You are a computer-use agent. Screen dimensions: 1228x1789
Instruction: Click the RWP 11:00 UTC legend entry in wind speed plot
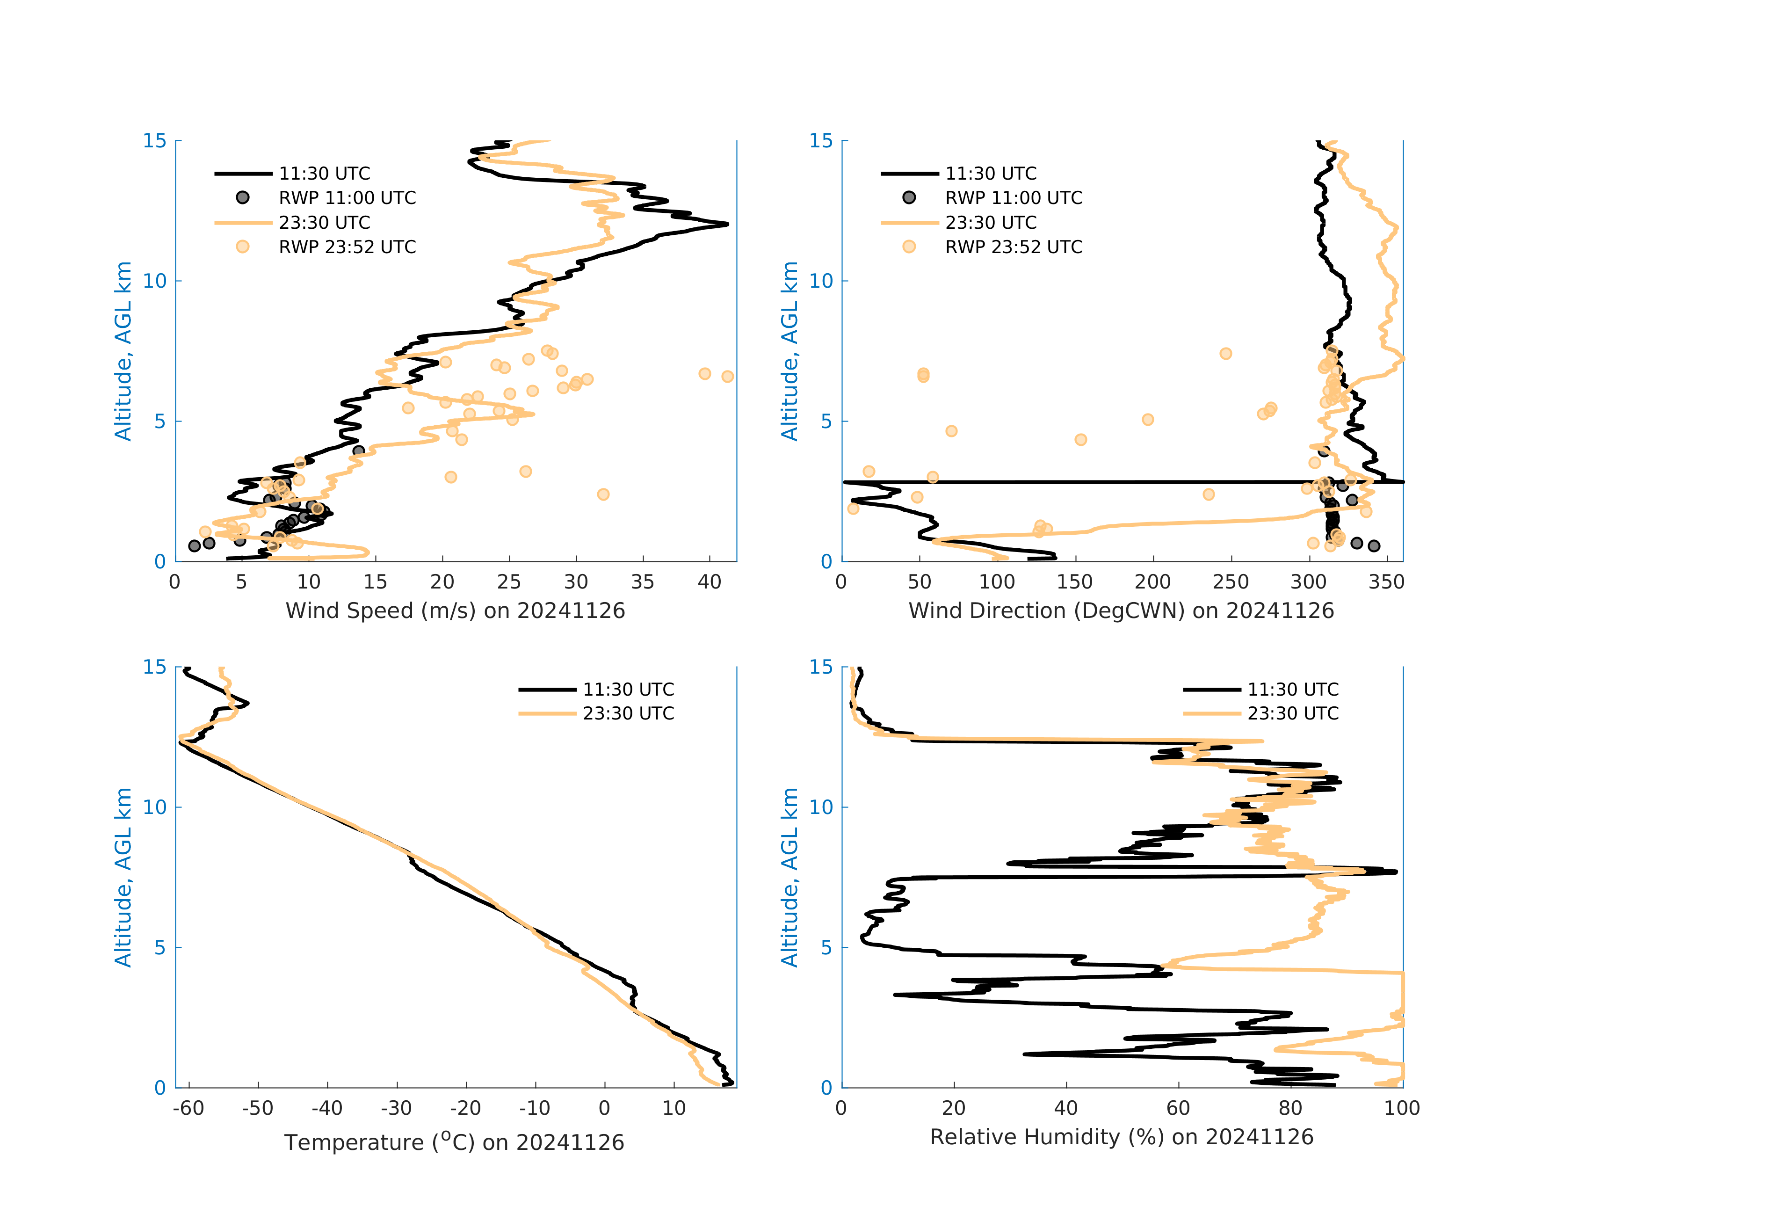[347, 198]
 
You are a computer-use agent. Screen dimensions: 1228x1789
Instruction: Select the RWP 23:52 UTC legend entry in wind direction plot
[1013, 247]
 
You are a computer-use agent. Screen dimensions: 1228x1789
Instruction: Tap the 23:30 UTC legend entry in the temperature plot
[627, 714]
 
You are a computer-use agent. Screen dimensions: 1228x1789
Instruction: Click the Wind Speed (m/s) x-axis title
[455, 610]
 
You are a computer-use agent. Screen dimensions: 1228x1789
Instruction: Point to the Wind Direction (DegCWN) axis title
[1121, 610]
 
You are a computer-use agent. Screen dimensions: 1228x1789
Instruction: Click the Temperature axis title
[454, 1142]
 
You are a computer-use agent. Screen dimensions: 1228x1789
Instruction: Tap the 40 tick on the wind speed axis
[710, 582]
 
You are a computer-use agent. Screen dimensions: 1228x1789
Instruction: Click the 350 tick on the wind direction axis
[1386, 582]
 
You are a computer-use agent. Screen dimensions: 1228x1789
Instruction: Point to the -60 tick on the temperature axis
[188, 1109]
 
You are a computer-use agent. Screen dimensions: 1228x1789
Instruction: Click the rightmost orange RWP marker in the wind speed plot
[727, 377]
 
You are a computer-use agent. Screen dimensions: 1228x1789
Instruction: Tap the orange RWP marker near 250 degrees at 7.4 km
[1225, 353]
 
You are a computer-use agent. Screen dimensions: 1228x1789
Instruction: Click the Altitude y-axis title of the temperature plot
[123, 877]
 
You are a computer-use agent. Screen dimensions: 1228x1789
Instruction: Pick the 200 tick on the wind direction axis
[1152, 582]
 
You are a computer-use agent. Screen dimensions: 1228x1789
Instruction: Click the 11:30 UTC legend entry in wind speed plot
[323, 173]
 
